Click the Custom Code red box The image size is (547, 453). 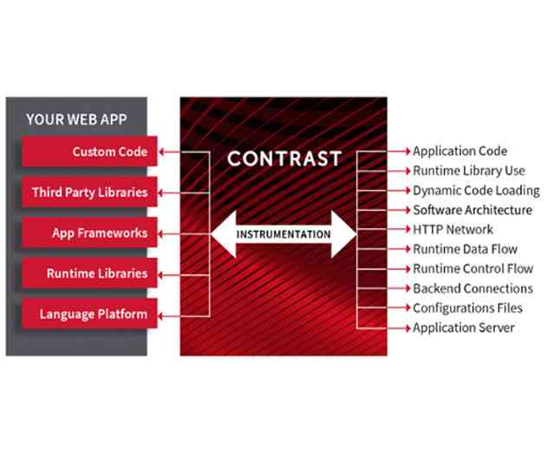88,152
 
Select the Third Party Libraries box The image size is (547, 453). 88,192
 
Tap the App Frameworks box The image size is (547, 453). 88,233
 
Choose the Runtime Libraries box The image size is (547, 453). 88,273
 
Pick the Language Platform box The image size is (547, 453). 88,313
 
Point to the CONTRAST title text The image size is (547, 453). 283,160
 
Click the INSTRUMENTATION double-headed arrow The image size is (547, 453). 283,233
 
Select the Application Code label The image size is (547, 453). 459,151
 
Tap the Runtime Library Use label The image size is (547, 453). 468,171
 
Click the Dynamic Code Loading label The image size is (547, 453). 475,190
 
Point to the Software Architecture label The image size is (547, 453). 472,210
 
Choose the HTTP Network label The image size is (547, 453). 453,229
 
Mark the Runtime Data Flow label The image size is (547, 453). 465,249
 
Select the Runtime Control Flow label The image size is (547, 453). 472,268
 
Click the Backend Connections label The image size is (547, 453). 472,288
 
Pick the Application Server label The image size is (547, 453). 463,328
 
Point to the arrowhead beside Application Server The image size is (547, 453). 407,328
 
